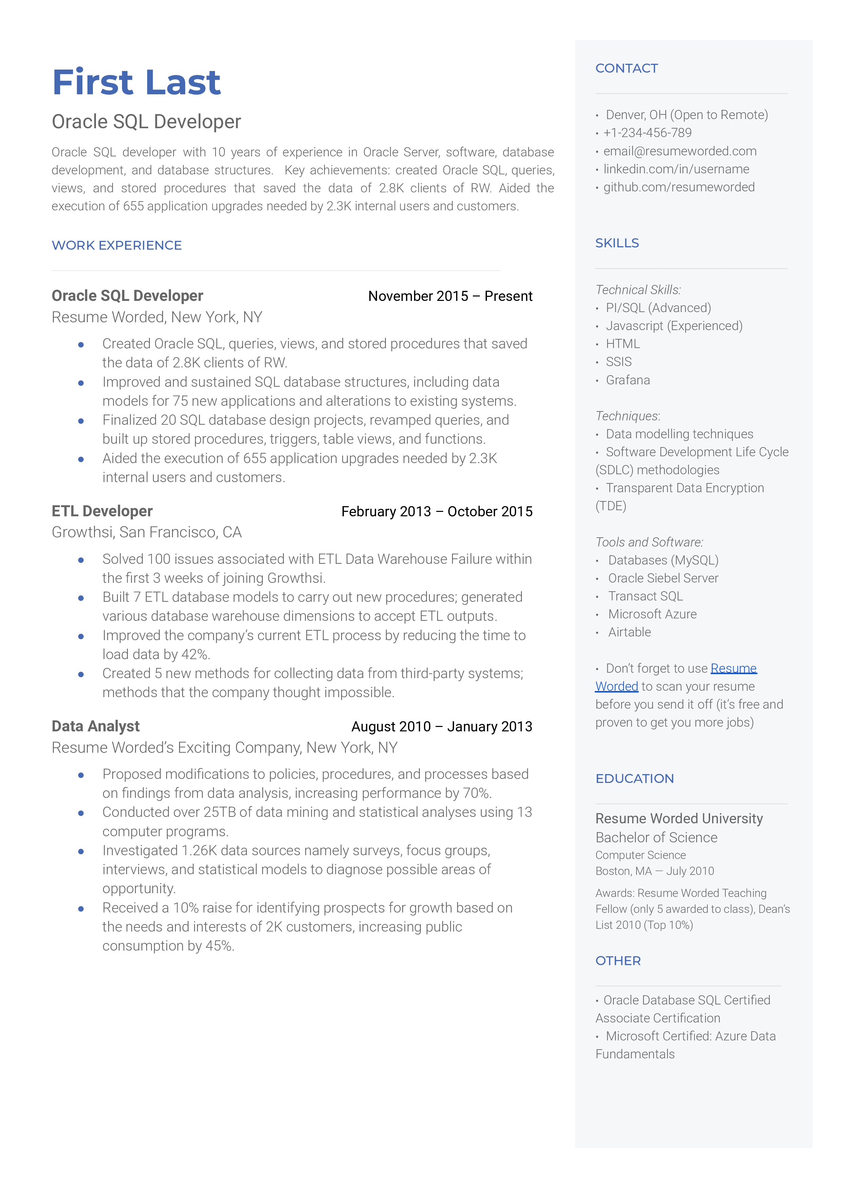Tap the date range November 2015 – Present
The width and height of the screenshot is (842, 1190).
click(450, 296)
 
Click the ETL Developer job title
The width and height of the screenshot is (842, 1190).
click(102, 511)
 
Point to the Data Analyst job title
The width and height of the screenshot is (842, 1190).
click(95, 726)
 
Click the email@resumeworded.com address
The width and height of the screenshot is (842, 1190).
click(679, 151)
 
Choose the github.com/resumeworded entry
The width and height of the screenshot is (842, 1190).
click(679, 187)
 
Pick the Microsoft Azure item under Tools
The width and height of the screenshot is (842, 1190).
click(652, 614)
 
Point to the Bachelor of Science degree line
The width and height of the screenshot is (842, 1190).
click(656, 838)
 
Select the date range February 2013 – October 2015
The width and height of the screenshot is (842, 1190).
click(436, 512)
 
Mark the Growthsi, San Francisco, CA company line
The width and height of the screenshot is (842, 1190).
click(147, 533)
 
